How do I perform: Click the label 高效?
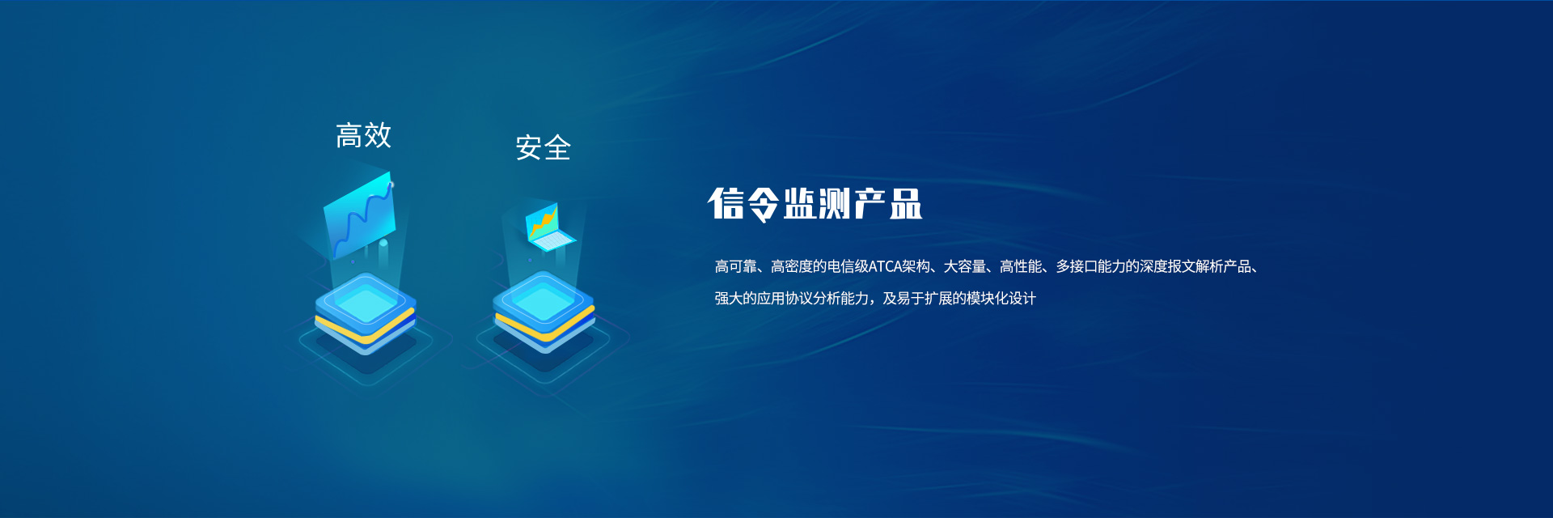coord(364,135)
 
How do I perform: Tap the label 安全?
coord(544,147)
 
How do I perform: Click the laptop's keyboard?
coord(553,240)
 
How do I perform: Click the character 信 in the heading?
coord(726,203)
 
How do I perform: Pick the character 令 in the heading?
coord(763,204)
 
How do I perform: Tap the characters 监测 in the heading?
coord(817,203)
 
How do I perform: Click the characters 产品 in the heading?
coord(888,203)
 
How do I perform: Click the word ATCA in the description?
coord(885,266)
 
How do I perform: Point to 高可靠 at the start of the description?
coord(735,266)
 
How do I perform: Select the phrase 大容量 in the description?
coord(964,266)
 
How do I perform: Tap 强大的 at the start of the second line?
coord(735,299)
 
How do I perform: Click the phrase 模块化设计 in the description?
coord(1001,299)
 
